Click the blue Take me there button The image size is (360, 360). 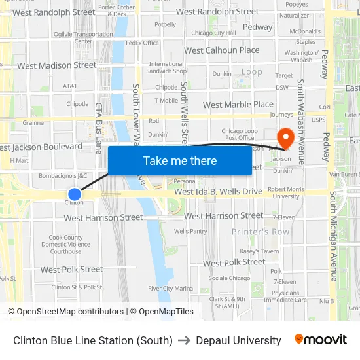tap(179, 161)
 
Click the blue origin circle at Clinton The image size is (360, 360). tap(75, 194)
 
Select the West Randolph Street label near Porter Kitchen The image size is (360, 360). tap(54, 12)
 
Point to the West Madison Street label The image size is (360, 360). tap(57, 65)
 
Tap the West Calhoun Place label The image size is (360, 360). tap(221, 50)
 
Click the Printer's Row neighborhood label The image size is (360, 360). tap(261, 232)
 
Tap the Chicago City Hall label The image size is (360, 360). tap(213, 33)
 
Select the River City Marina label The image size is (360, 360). tap(170, 288)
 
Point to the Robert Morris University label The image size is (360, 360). tap(286, 192)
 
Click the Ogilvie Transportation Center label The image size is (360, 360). tap(83, 37)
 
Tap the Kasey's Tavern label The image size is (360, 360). tap(259, 251)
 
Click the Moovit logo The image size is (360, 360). tap(320, 340)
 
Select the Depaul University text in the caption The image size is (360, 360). tap(238, 340)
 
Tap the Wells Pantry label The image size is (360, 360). tap(190, 231)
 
